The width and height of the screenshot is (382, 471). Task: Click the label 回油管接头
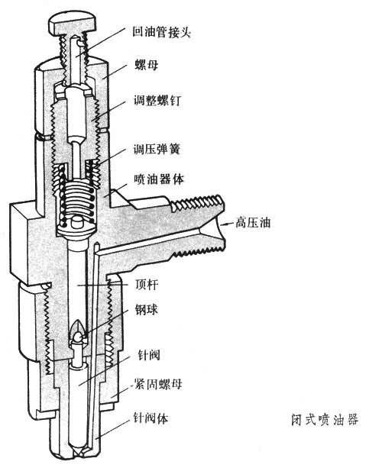point(162,32)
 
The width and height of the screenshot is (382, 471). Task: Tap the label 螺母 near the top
point(147,65)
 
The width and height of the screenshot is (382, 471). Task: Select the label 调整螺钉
point(157,100)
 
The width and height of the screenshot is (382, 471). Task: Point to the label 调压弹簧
point(157,150)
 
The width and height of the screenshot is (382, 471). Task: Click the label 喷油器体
point(159,179)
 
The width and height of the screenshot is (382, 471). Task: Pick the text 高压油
point(253,223)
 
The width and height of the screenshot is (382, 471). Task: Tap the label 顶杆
point(147,285)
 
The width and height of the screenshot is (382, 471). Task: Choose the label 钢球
point(147,310)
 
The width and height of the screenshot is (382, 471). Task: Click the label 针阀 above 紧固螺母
point(149,355)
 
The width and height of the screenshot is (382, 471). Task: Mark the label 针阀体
point(151,418)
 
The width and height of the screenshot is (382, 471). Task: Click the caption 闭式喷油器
point(325,419)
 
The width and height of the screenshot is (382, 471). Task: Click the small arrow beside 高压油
point(227,224)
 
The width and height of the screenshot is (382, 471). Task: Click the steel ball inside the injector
point(79,337)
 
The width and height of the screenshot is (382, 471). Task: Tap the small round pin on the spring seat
point(76,224)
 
